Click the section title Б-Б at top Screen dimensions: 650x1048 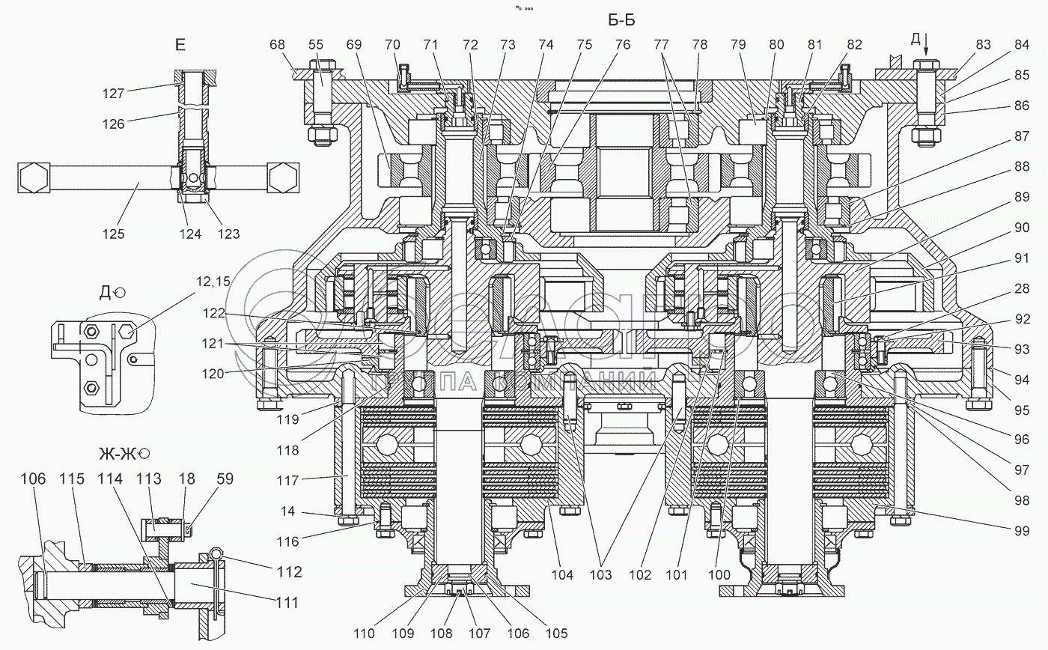(622, 20)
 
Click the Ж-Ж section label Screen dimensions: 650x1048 (121, 454)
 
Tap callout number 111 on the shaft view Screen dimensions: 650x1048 (284, 601)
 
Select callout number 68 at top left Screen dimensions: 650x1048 (277, 44)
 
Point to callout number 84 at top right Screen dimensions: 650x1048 (1022, 44)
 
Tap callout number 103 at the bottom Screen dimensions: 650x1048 (601, 574)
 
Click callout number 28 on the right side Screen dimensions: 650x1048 (1022, 288)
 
